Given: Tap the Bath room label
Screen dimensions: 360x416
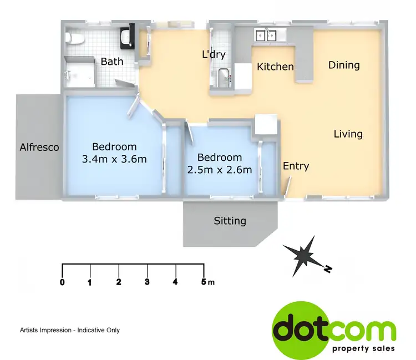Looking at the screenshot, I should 112,62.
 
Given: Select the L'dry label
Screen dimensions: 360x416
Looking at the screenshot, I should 212,55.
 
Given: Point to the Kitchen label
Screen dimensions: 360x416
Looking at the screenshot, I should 275,67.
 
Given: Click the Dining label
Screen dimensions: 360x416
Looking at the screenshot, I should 344,65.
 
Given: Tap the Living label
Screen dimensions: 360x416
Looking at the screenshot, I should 348,134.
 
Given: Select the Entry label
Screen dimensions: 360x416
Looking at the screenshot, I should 296,166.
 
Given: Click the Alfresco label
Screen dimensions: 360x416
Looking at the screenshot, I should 39,148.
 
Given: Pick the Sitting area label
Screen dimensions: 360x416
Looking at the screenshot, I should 230,221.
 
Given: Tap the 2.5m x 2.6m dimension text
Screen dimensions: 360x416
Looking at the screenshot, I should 220,170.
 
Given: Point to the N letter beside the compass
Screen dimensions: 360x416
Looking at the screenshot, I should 328,269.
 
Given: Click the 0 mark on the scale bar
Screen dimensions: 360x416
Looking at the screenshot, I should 62,282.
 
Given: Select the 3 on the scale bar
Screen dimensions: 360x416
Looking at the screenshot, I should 147,282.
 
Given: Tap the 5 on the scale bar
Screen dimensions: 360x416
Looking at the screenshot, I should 204,282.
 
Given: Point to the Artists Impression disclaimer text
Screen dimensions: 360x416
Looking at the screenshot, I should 70,330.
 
